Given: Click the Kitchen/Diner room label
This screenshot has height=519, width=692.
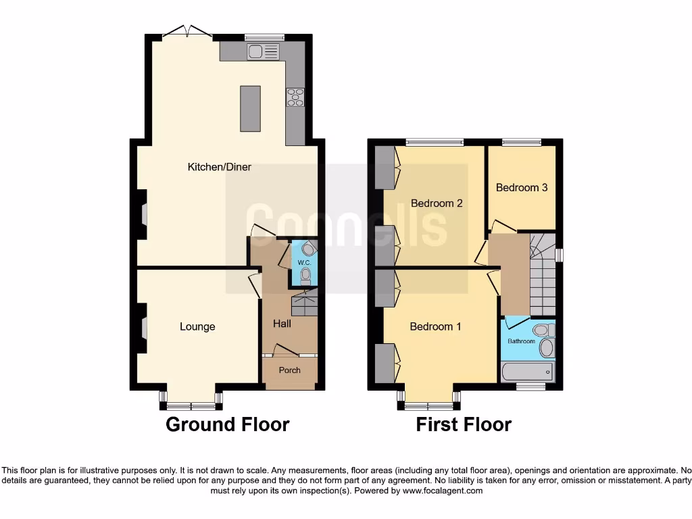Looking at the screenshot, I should (219, 167).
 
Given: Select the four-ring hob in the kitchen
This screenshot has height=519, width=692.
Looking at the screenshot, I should (295, 98).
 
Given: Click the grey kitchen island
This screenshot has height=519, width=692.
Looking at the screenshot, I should (250, 108).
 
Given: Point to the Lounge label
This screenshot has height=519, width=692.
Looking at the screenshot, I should (197, 327).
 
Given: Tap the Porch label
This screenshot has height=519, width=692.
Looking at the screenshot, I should (289, 370).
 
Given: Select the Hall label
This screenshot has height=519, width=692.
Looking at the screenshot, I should (282, 324).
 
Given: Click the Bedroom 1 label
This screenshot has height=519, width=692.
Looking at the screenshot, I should (435, 327).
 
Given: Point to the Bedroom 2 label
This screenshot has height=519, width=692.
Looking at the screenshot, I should (437, 203).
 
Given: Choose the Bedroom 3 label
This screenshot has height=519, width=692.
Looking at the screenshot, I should (522, 188).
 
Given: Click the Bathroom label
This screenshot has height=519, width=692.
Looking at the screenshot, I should (521, 341).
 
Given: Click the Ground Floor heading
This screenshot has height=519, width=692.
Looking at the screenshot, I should (227, 424).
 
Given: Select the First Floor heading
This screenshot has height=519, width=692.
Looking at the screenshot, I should (464, 424).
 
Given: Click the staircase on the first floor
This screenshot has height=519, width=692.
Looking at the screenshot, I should (542, 277).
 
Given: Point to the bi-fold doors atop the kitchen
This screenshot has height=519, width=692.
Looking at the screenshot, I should (187, 31).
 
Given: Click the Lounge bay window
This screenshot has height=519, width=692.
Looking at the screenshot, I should (191, 406).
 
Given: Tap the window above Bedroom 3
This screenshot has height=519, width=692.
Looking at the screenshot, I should (522, 142).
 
